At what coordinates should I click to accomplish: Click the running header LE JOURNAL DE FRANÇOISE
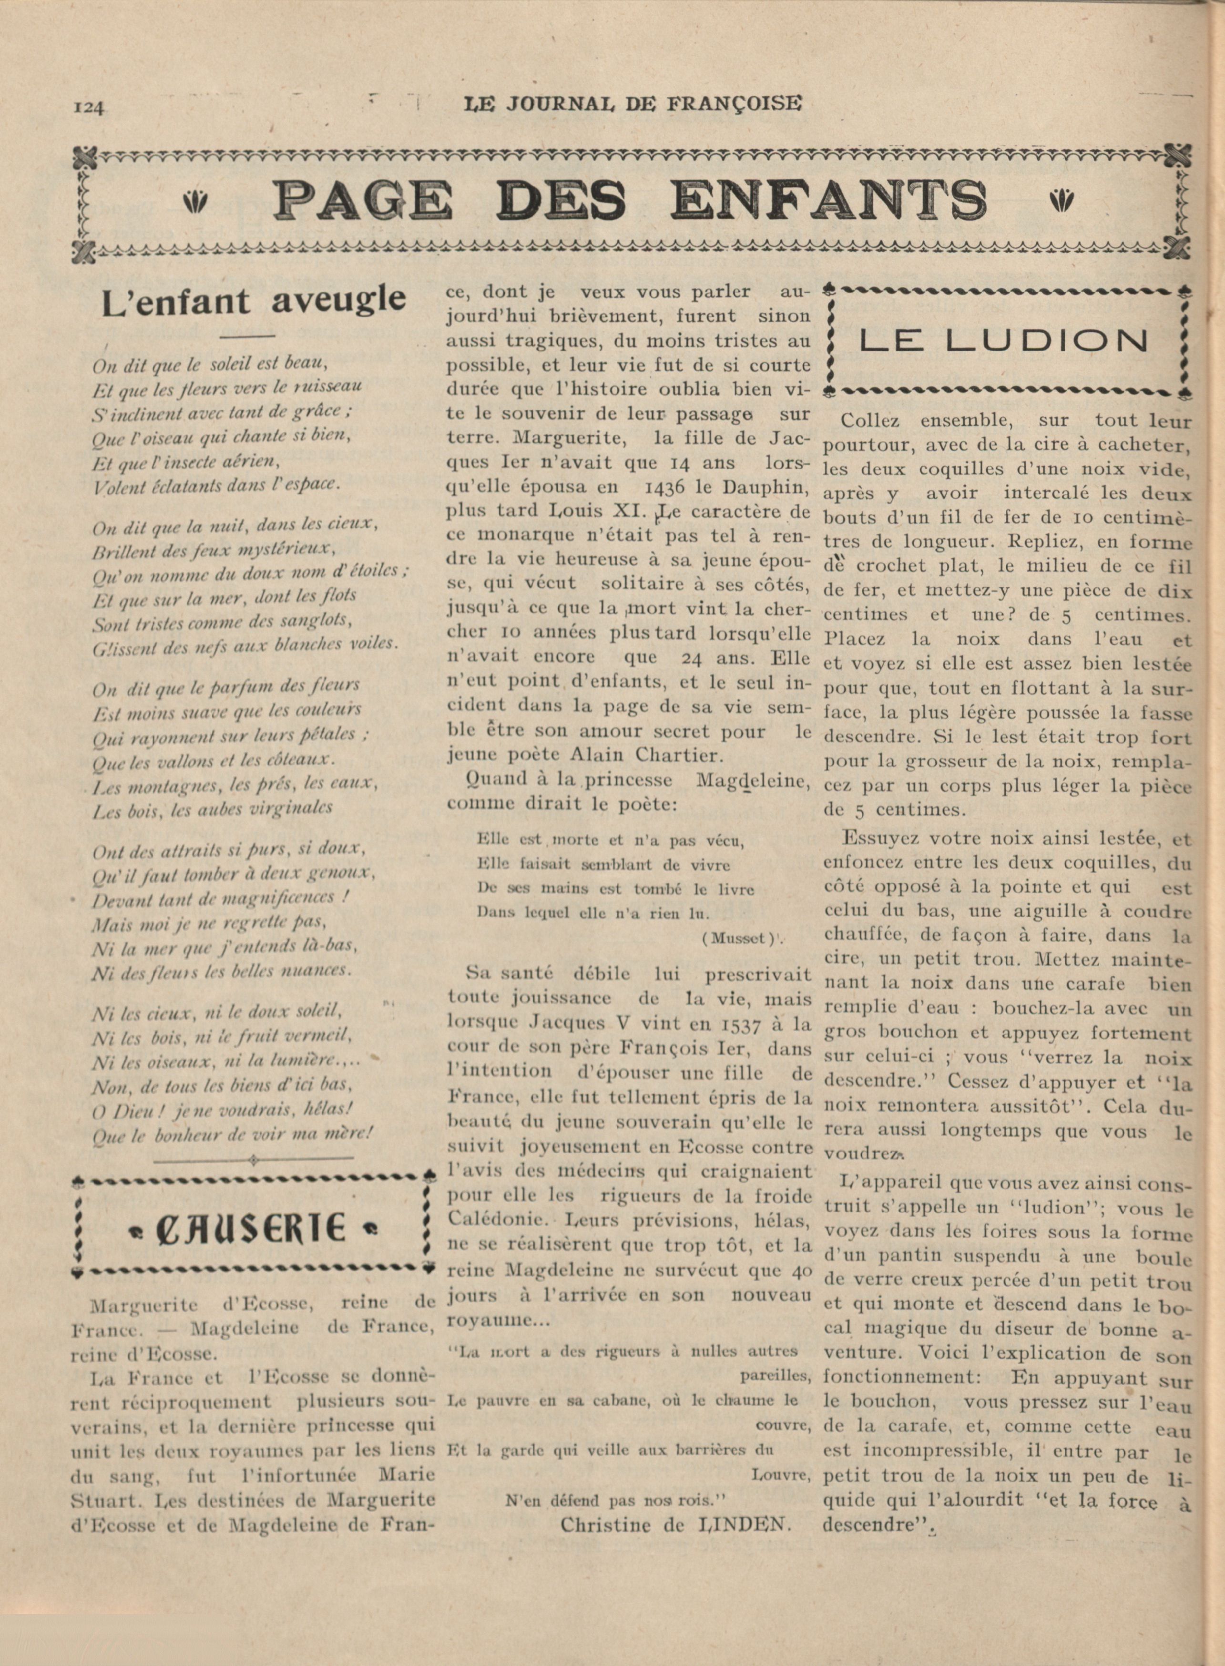coord(633,104)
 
